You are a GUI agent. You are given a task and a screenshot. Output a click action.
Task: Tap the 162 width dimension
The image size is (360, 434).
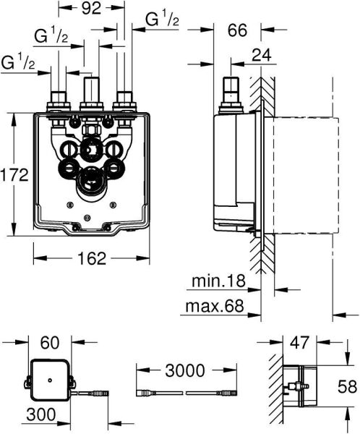click(x=91, y=258)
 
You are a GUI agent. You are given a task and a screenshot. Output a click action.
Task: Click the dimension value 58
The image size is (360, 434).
click(x=348, y=388)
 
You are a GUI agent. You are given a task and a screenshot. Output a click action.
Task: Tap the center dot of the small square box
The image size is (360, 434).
click(x=49, y=379)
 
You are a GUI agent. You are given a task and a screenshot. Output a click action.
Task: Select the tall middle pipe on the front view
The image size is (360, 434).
click(x=90, y=90)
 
